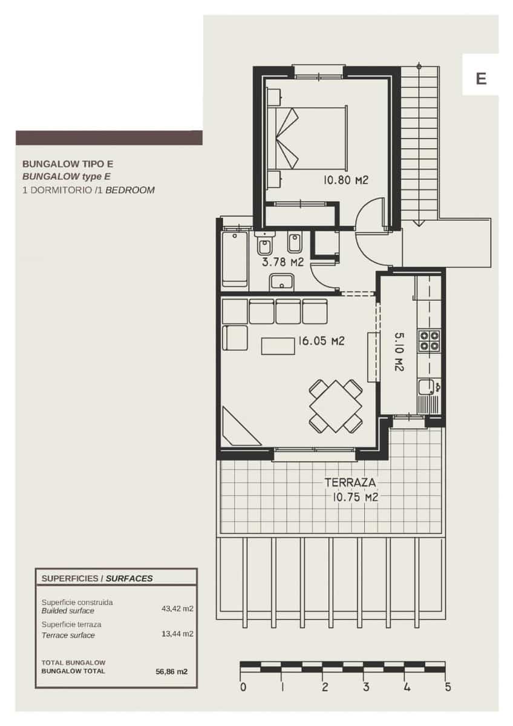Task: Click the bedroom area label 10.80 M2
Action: coord(346,180)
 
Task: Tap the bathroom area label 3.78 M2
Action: coord(282,262)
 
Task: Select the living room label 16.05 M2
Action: coord(321,341)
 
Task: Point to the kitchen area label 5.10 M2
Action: coord(399,351)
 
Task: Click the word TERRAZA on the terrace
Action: coord(351,483)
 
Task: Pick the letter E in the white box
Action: coord(481,79)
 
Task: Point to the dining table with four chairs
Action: coord(336,405)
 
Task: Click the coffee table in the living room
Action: coord(277,345)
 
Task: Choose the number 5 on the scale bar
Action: coord(448,687)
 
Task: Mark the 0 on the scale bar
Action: coord(243,687)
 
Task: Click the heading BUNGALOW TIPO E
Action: coord(68,163)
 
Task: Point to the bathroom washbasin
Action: coord(282,282)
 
